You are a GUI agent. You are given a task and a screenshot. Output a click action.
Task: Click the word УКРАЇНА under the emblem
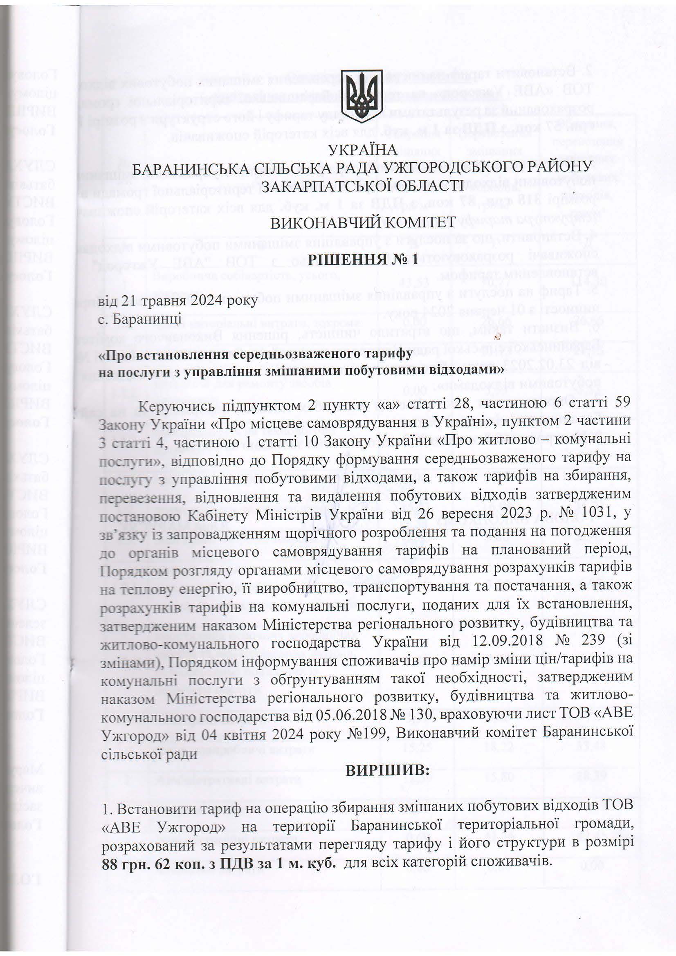coord(362,150)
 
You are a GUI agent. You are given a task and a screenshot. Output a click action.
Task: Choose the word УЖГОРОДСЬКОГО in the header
coord(449,167)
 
